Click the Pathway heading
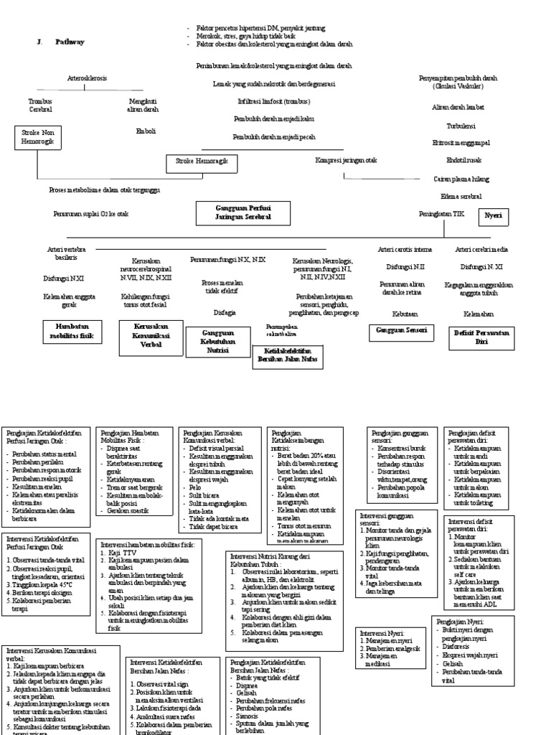(70, 42)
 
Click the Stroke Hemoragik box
(202, 163)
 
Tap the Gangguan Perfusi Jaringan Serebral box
(243, 212)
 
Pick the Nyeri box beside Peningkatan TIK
(493, 215)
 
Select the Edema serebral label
(461, 196)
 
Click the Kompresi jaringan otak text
(346, 160)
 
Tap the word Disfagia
(225, 312)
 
